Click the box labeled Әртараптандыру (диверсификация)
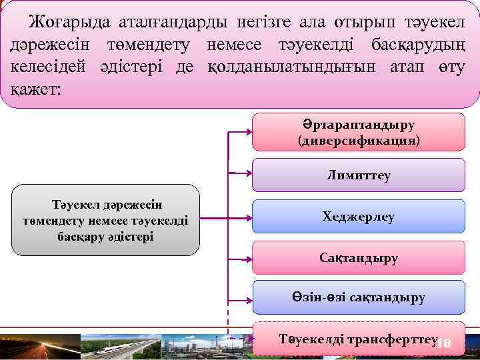pos(359,133)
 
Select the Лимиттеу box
pos(359,175)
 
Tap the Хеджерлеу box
pos(359,216)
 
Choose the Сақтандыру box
pos(359,257)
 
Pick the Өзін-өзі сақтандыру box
pos(359,297)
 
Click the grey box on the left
pos(105,220)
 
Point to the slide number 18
pos(443,343)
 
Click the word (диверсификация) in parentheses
pos(359,141)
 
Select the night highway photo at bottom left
pos(38,347)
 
